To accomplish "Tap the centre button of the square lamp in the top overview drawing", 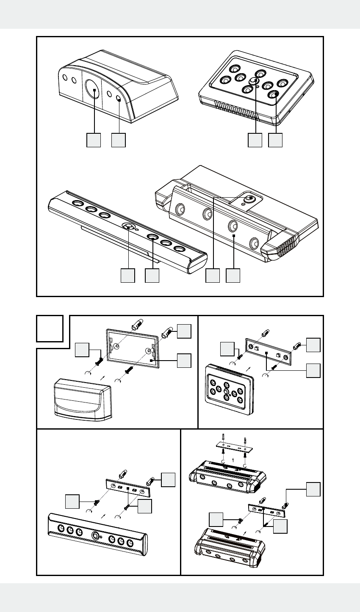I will click(255, 81).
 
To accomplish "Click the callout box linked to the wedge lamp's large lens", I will click(94, 141).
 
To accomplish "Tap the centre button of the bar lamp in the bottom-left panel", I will click(95, 535).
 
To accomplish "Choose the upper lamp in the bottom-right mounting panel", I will click(229, 476).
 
